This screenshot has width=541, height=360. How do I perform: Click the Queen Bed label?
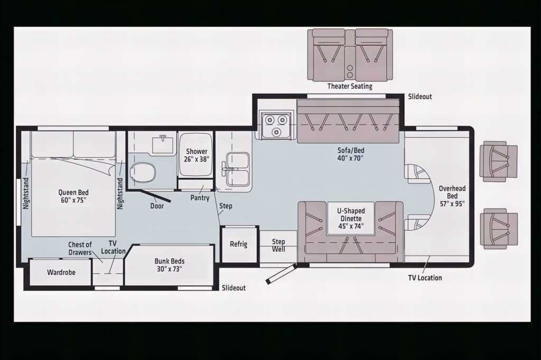[x=73, y=196]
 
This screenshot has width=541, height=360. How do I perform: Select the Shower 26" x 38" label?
[x=197, y=155]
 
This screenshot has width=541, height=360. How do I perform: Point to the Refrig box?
[x=239, y=244]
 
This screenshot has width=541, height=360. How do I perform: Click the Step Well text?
[x=278, y=245]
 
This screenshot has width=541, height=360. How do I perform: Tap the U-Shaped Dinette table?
[x=351, y=219]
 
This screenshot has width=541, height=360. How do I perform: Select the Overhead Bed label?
[x=452, y=196]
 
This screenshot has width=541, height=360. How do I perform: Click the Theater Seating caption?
[x=350, y=86]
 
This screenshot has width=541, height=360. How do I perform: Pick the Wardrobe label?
[x=61, y=272]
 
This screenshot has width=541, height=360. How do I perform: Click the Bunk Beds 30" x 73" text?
[x=170, y=265]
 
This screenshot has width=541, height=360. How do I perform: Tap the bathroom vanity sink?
[x=163, y=144]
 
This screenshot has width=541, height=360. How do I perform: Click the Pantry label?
[x=200, y=198]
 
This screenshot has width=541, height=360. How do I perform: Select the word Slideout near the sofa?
[x=420, y=97]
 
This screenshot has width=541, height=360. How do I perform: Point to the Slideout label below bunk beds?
[x=234, y=288]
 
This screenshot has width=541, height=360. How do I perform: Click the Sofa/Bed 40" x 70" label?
[x=351, y=154]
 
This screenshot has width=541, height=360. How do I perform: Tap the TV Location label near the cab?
[x=425, y=278]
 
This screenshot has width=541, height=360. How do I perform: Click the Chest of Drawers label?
[x=80, y=248]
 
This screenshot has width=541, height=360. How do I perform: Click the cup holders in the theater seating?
[x=350, y=71]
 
